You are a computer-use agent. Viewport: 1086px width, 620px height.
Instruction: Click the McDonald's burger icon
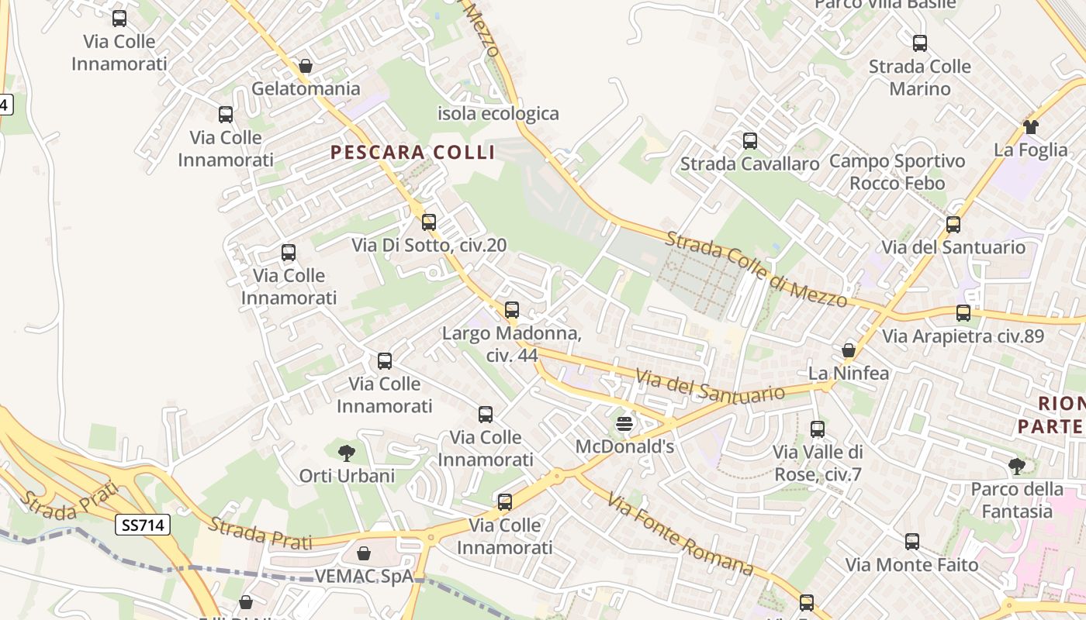tap(624, 424)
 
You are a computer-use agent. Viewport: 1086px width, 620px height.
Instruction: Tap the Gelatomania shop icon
tap(306, 66)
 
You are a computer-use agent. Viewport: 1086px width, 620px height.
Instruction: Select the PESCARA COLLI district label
tap(413, 152)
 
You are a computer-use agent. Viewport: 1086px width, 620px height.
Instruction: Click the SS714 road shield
tap(144, 525)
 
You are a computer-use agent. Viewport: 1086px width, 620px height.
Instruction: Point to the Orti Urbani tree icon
tap(347, 453)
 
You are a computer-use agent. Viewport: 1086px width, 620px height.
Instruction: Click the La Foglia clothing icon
tap(1030, 126)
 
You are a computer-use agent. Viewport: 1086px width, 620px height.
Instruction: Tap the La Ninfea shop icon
tap(849, 350)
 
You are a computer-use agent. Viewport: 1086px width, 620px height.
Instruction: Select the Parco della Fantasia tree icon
tap(1017, 466)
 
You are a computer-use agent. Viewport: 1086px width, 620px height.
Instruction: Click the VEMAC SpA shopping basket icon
tap(363, 553)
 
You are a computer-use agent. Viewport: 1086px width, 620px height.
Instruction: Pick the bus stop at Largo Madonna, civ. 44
tap(511, 310)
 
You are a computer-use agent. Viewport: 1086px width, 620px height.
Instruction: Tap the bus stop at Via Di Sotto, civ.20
tap(429, 222)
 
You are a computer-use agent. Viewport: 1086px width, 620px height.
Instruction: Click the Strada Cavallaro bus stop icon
tap(749, 141)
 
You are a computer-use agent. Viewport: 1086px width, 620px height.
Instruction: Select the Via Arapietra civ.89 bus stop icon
tap(963, 313)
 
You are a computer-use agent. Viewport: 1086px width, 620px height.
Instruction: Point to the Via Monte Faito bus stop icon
tap(911, 542)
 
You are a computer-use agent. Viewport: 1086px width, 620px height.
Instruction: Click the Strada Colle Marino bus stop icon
tap(919, 43)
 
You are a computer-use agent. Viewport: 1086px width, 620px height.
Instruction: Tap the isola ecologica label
tap(498, 114)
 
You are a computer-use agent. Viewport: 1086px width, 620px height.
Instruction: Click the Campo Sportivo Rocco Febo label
tap(897, 172)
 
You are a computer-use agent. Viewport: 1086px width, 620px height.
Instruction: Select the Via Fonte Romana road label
tap(680, 535)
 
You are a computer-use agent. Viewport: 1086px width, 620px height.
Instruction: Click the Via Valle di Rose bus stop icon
tap(817, 429)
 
